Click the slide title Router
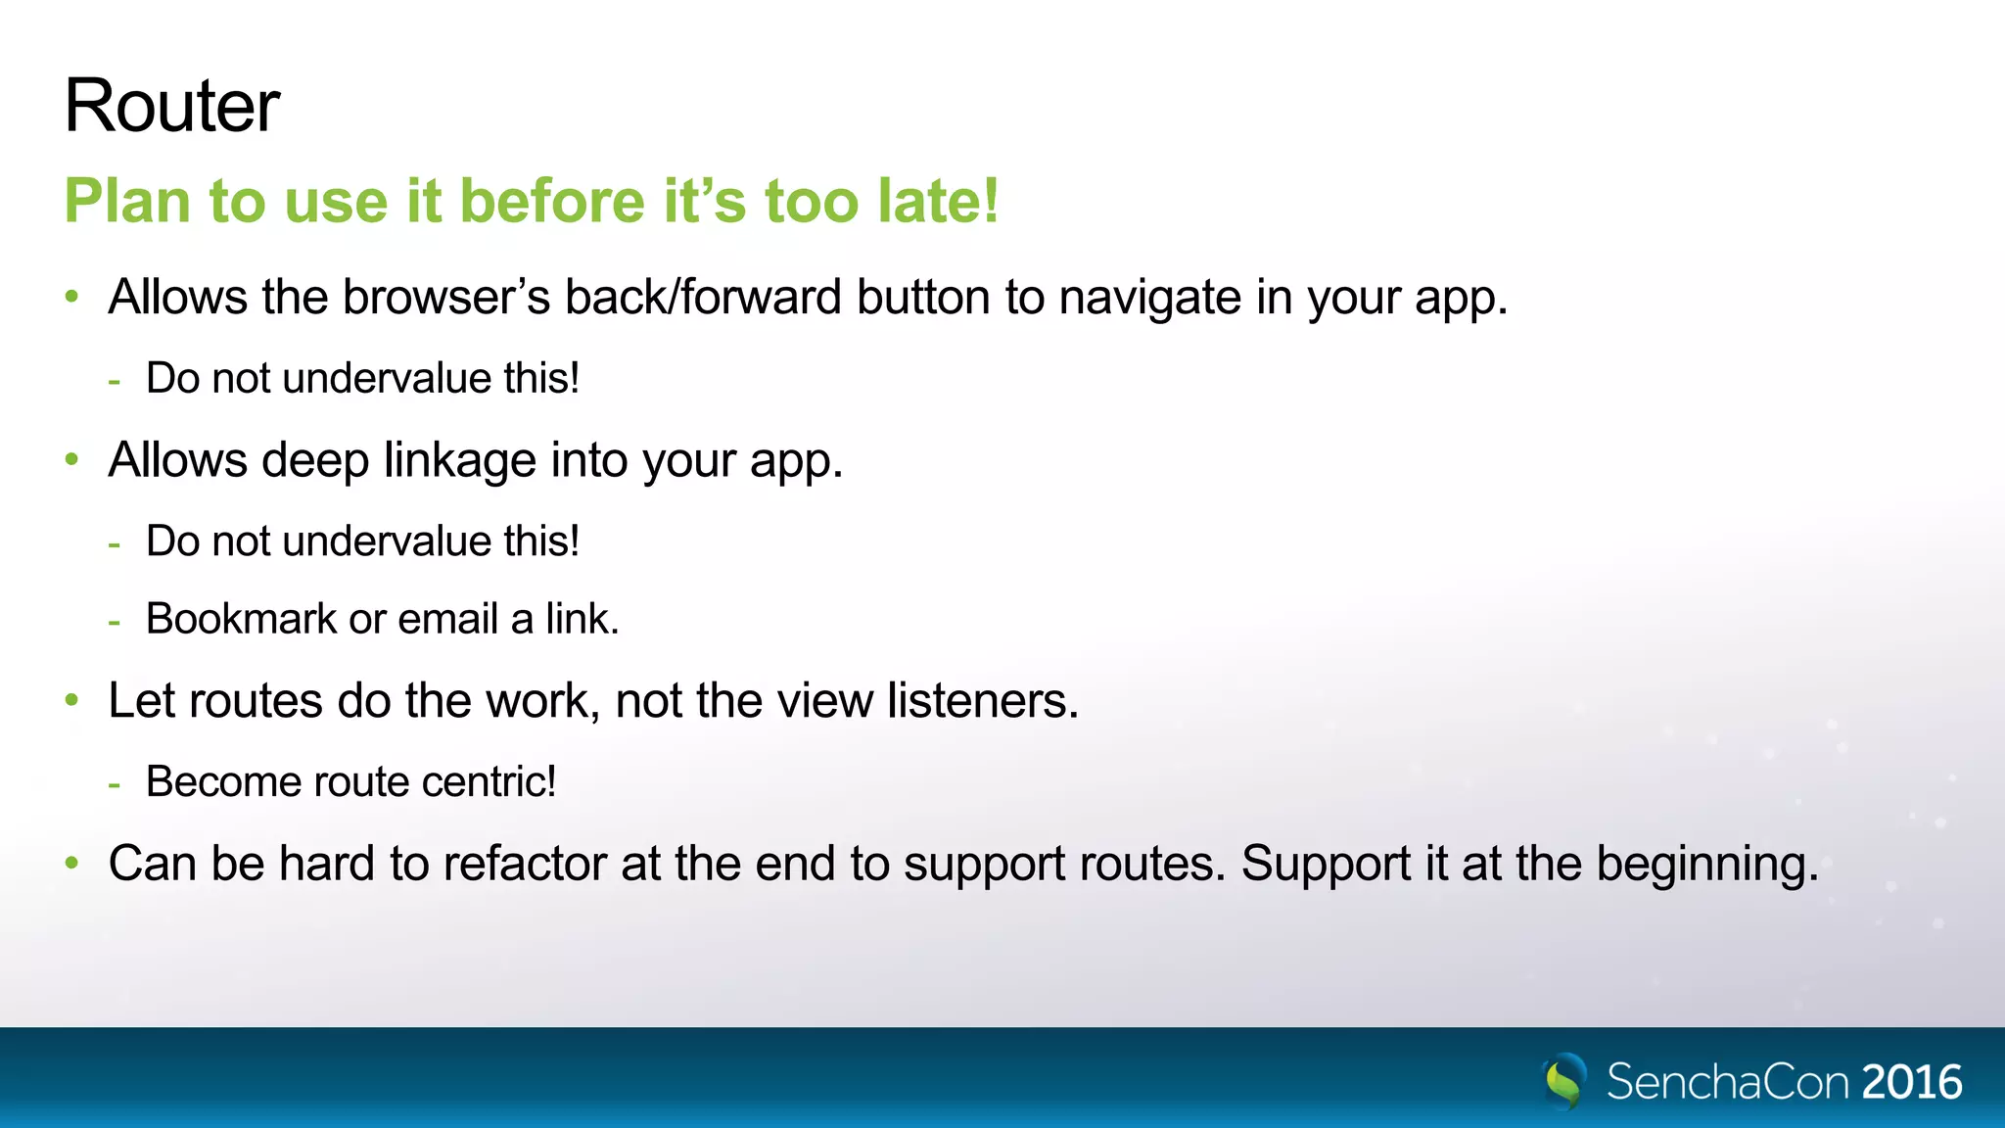click(x=171, y=106)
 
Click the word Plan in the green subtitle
click(x=126, y=201)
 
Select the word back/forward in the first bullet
click(x=702, y=297)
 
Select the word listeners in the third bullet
click(x=982, y=700)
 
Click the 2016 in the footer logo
click(x=1911, y=1082)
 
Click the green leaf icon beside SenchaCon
click(x=1564, y=1081)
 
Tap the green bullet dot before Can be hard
click(x=71, y=863)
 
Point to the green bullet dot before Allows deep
click(x=71, y=459)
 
